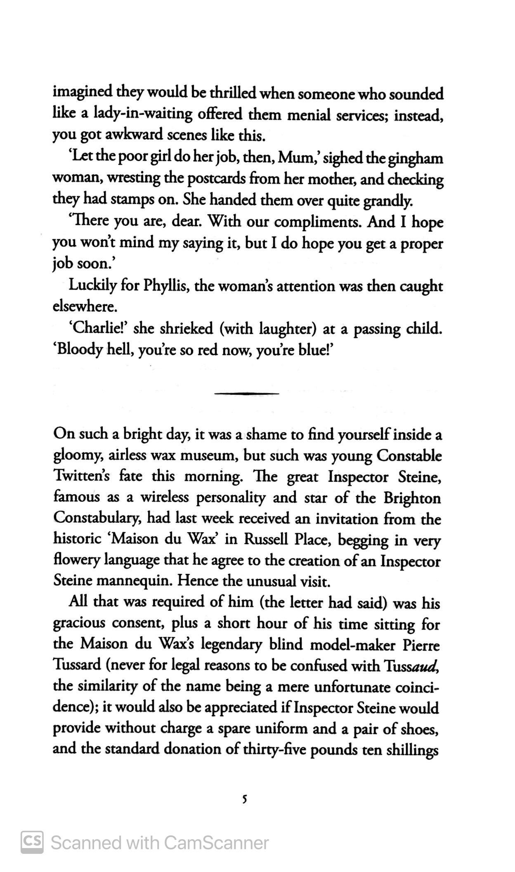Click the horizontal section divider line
(x=247, y=393)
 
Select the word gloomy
(x=78, y=456)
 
